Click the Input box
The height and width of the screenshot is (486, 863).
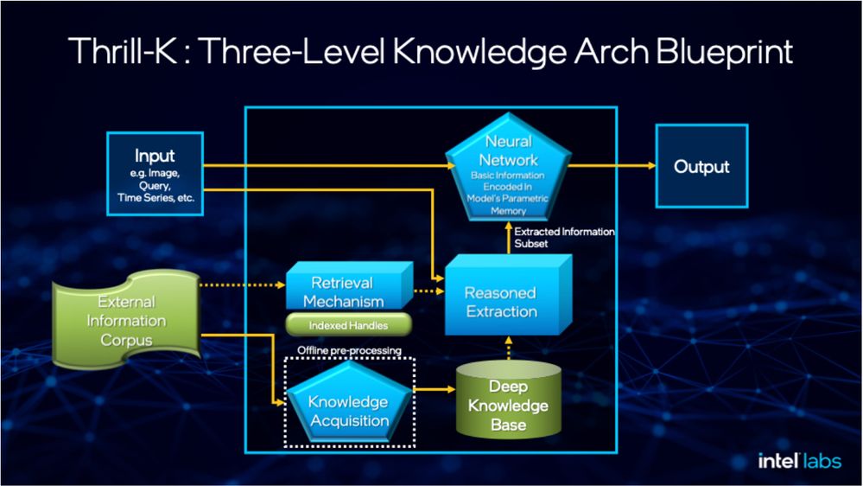click(x=155, y=174)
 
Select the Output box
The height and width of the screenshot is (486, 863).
click(x=701, y=166)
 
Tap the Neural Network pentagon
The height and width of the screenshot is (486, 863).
click(x=508, y=168)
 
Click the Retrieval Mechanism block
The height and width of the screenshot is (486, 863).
click(x=349, y=285)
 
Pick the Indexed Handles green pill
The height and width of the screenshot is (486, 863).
click(x=348, y=325)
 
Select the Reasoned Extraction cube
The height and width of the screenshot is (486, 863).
click(x=508, y=295)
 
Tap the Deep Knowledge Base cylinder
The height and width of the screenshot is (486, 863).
click(x=508, y=400)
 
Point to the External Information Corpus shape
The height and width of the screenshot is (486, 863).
click(x=127, y=320)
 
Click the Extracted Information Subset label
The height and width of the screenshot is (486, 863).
click(x=564, y=238)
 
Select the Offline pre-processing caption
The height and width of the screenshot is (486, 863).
click(x=349, y=350)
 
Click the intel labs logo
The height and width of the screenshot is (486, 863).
click(x=799, y=461)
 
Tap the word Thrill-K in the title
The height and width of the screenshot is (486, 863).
click(x=123, y=51)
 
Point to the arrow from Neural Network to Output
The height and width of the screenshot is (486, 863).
click(x=612, y=165)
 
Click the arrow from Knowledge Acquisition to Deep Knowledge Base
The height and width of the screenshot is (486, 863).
click(x=435, y=389)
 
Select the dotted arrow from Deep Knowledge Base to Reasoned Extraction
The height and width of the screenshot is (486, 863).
click(x=509, y=349)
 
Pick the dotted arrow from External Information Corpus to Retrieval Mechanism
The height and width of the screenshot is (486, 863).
click(x=243, y=285)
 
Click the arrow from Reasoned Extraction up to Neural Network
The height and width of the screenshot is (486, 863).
click(x=509, y=238)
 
